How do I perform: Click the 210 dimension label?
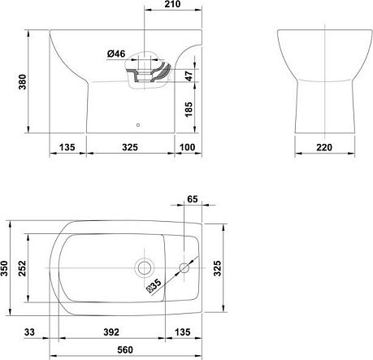coord(172,4)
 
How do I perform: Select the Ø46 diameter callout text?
coord(116,54)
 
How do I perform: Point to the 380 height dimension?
coord(22,82)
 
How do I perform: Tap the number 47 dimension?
coord(189,76)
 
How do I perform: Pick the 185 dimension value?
coord(189,110)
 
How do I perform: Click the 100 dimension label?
coord(188,147)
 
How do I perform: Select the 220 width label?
coord(324,147)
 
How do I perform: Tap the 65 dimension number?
coord(193,199)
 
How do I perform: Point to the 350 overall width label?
coord(4,268)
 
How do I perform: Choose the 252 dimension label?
coord(22,268)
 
